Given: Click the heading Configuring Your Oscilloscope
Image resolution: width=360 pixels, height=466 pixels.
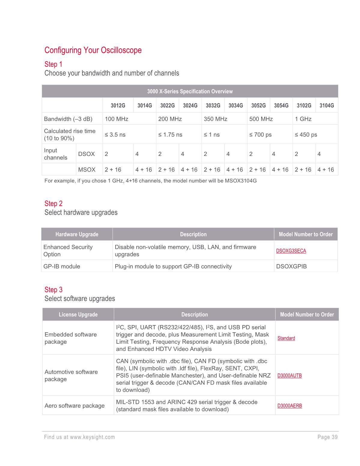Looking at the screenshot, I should point(93,50).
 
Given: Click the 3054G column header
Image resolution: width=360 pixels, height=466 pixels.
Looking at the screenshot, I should point(281,105).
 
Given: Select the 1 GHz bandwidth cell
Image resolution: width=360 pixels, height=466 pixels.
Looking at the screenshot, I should point(303,119).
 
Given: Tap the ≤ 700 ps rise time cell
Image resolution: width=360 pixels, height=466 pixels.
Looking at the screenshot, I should point(260,135).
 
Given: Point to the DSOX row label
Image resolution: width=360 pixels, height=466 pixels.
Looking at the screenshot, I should point(86,154).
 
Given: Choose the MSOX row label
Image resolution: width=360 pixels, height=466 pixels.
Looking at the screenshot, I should point(87,169).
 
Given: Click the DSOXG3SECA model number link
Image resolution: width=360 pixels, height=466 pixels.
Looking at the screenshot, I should point(291,251).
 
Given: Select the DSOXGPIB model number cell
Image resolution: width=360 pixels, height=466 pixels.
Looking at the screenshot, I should point(291,266).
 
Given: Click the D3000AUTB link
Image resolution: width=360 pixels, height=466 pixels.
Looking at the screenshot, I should point(289,376).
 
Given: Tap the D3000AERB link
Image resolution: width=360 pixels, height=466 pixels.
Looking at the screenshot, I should point(289,406).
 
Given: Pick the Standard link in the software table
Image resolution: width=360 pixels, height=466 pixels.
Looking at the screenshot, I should point(286,338).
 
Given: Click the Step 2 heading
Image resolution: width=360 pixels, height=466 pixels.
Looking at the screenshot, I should point(53,203).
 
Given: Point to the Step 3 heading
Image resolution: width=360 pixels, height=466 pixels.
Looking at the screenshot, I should point(53,290).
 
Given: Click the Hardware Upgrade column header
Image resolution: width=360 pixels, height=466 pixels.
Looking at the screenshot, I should point(77,234).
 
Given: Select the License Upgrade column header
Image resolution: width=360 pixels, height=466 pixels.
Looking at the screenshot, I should point(78,315).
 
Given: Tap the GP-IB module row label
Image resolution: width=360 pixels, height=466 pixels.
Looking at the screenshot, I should point(62,266).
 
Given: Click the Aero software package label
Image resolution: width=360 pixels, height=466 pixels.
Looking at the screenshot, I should point(74,406).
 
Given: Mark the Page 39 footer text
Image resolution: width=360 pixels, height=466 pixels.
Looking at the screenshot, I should point(328,437).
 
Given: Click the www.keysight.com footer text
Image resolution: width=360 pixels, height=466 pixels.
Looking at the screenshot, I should point(92,437).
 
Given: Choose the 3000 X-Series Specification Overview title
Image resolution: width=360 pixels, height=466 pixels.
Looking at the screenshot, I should point(190,91).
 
